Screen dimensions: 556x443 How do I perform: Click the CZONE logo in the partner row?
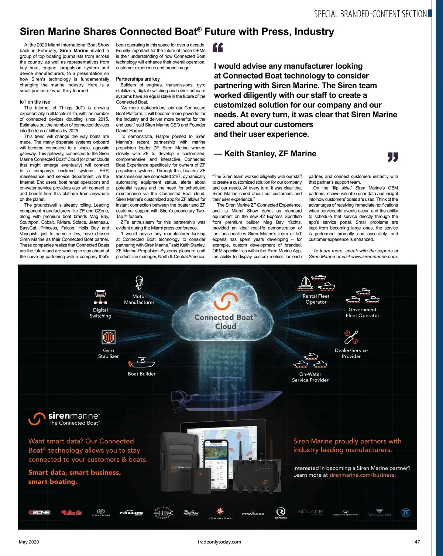[x=40, y=512]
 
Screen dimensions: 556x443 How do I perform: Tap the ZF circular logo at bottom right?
[x=406, y=513]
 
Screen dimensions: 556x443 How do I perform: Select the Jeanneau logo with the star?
[x=220, y=513]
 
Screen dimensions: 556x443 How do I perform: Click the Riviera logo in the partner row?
[x=281, y=512]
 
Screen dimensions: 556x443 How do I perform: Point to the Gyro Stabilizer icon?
[x=109, y=337]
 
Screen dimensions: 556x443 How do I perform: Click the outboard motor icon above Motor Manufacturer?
[x=139, y=283]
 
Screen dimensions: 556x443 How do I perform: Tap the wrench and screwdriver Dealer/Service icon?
[x=351, y=337]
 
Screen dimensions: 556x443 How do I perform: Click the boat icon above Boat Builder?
[x=142, y=362]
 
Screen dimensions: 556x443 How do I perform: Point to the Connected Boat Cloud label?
[x=226, y=322]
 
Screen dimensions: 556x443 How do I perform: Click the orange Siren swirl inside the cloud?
[x=225, y=301]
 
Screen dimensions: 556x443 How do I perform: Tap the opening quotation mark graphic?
[x=218, y=48]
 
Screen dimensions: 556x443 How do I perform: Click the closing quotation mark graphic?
[x=393, y=158]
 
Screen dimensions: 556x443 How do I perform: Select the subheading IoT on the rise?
[x=35, y=102]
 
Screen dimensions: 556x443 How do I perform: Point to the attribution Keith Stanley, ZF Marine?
[x=265, y=153]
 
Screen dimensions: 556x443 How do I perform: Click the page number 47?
[x=417, y=542]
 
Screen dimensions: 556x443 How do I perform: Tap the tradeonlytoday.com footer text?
[x=219, y=542]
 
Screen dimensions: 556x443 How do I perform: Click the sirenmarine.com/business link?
[x=361, y=475]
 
